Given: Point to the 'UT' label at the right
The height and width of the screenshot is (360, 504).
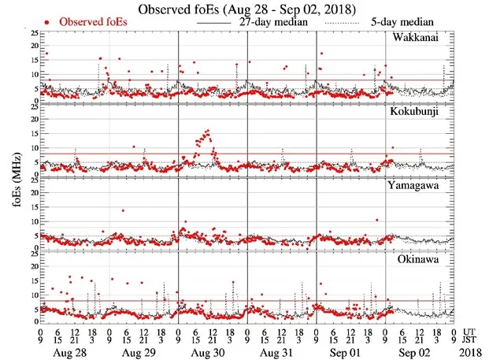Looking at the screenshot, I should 471,332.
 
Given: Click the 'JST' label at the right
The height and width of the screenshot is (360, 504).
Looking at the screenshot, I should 473,342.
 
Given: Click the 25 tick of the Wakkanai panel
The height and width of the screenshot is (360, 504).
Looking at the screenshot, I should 33,34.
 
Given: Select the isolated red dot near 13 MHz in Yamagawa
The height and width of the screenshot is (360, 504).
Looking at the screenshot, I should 123,210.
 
